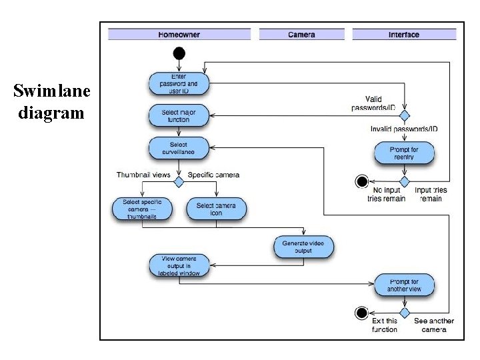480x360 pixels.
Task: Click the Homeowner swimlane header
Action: tap(179, 35)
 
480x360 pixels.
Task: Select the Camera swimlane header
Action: tap(301, 35)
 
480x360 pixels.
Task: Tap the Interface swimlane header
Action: tap(404, 35)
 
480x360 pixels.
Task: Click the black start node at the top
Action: tap(179, 53)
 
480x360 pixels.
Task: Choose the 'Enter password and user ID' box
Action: tap(179, 84)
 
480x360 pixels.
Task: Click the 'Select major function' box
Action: tap(179, 116)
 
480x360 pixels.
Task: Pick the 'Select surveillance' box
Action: tap(179, 148)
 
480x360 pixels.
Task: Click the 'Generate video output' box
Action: tap(303, 247)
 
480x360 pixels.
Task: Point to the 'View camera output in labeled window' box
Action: tap(179, 265)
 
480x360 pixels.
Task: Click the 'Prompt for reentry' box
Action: tap(404, 154)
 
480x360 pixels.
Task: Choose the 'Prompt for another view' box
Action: tap(404, 285)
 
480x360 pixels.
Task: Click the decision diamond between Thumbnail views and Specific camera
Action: tap(179, 181)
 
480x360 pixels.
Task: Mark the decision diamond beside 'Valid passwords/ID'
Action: tap(404, 115)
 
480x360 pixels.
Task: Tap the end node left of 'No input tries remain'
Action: tap(362, 181)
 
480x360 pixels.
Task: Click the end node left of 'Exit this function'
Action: tap(362, 312)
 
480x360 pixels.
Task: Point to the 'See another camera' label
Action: tap(434, 325)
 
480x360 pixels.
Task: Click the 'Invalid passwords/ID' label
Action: tap(404, 129)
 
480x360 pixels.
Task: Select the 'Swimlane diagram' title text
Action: tap(49, 102)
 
